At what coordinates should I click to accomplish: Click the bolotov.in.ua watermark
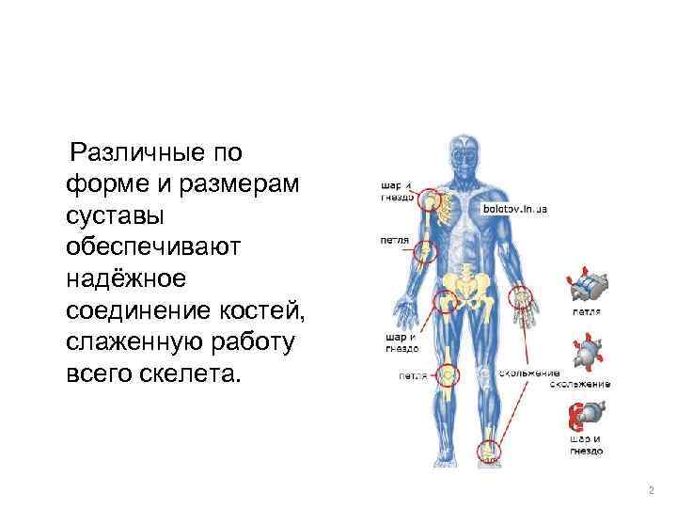[x=514, y=209]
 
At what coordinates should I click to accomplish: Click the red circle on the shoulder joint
[x=432, y=199]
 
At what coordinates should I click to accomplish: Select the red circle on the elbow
[x=426, y=251]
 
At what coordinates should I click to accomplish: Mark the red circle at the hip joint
[x=445, y=301]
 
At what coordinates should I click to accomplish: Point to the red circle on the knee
[x=451, y=375]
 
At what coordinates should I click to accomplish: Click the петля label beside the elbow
[x=394, y=240]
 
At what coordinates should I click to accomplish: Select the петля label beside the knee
[x=413, y=375]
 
